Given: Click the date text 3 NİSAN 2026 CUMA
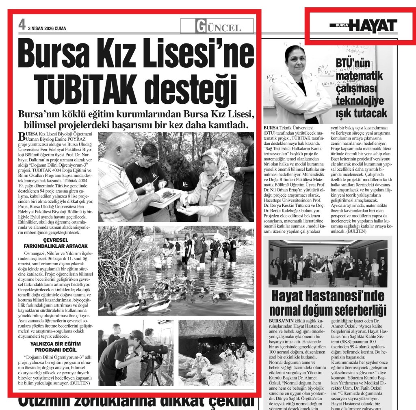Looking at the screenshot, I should click(47, 28).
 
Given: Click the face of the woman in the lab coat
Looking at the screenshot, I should click(295, 60).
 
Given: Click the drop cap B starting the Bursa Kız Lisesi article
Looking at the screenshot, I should click(22, 137).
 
